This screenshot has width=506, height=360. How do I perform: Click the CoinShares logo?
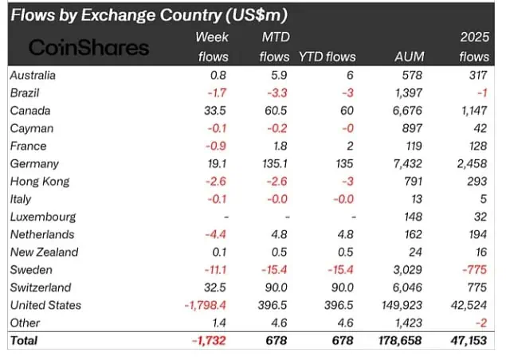pyautogui.click(x=88, y=47)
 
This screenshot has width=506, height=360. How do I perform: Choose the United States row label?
pyautogui.click(x=46, y=305)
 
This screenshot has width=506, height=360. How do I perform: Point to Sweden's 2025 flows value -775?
pyautogui.click(x=475, y=269)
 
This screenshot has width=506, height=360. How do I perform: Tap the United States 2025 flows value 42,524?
pyautogui.click(x=469, y=305)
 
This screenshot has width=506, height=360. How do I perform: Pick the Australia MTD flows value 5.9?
pyautogui.click(x=280, y=75)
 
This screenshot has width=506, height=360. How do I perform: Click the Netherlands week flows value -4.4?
pyautogui.click(x=216, y=234)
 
